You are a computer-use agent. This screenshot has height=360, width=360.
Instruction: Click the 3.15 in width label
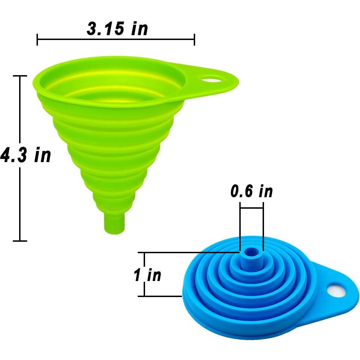tap(117, 29)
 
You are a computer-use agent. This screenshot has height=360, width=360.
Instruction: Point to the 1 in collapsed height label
tap(148, 275)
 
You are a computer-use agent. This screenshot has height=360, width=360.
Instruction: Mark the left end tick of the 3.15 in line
tap(37, 40)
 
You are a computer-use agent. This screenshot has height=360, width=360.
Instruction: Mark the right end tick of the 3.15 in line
tap(194, 40)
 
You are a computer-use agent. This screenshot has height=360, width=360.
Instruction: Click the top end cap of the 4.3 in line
tap(20, 76)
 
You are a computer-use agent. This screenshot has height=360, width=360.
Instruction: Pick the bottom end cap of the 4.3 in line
tap(20, 241)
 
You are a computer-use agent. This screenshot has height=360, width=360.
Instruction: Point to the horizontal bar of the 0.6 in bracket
tap(251, 208)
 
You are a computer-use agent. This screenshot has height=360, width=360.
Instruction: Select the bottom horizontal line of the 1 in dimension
tap(160, 296)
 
